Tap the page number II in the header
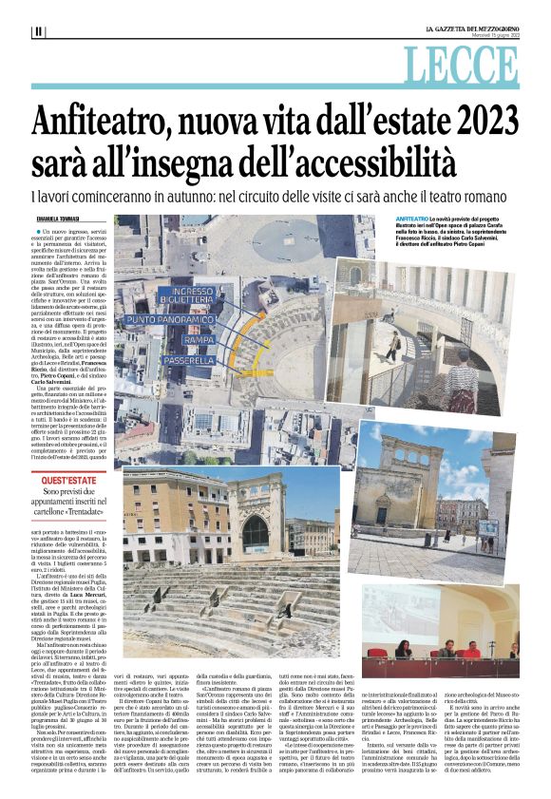[38, 31]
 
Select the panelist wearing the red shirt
[473, 651]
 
